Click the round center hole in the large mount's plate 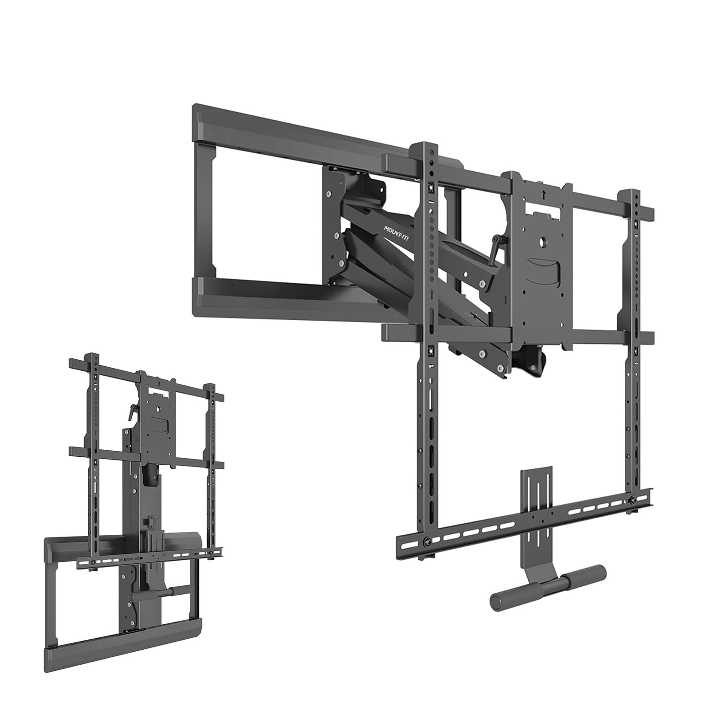tap(543, 241)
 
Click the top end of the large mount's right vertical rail tap(632, 194)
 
